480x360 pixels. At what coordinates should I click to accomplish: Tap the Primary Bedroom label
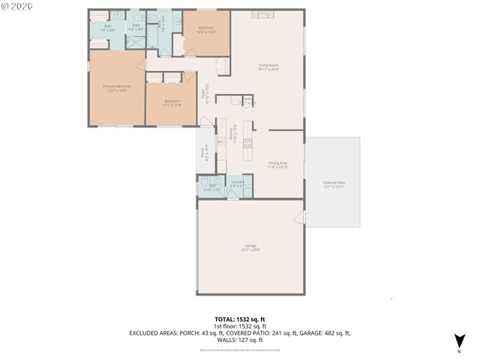[117, 88]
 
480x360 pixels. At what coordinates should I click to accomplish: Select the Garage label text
[250, 247]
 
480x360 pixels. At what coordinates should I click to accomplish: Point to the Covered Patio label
[334, 184]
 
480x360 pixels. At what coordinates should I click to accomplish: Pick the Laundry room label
[238, 183]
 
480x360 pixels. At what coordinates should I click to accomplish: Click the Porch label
[203, 153]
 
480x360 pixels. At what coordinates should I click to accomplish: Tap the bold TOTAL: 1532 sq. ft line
[239, 319]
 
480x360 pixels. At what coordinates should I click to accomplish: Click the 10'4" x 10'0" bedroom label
[206, 30]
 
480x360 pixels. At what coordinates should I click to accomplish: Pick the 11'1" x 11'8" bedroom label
[172, 103]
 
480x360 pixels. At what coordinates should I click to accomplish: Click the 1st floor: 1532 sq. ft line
[239, 325]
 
